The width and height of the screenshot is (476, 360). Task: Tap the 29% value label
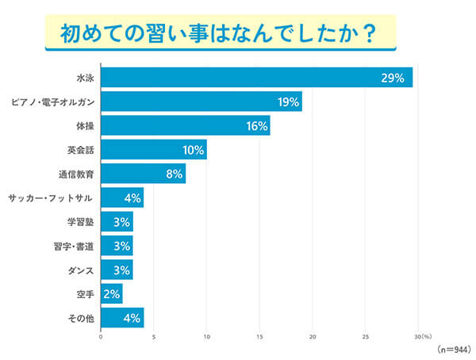click(x=393, y=78)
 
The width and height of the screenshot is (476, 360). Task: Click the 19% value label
click(x=288, y=101)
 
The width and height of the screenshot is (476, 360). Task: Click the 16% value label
click(x=256, y=125)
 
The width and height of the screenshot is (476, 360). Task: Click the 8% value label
click(x=174, y=173)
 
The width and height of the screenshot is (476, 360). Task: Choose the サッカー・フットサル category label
click(x=52, y=197)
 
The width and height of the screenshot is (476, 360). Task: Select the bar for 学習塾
click(x=117, y=221)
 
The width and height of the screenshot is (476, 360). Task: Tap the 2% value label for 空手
click(x=111, y=294)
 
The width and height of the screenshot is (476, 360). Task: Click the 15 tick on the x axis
click(x=259, y=336)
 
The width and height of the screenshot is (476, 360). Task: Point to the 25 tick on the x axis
click(x=366, y=336)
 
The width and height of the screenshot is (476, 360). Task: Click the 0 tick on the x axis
click(x=101, y=336)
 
